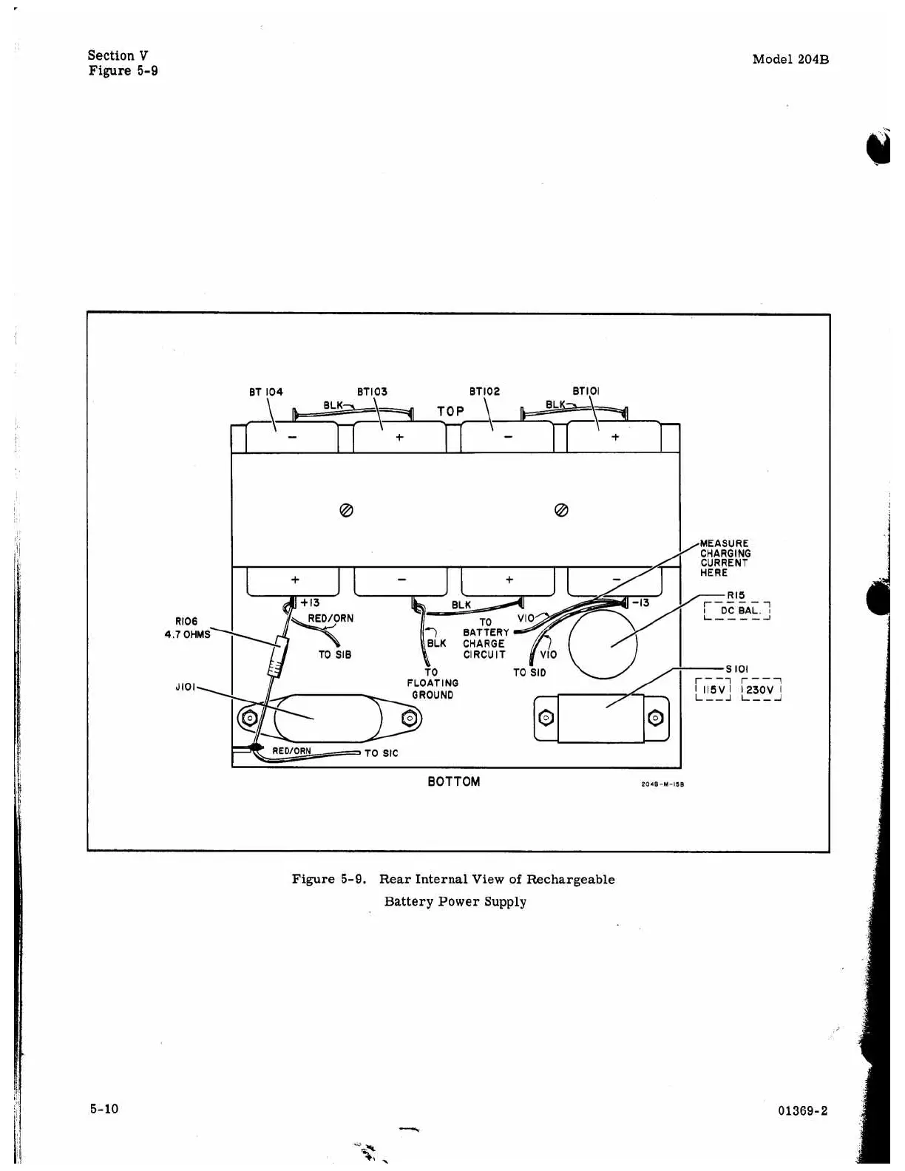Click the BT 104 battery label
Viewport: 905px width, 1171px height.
[265, 392]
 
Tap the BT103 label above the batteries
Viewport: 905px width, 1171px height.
[372, 392]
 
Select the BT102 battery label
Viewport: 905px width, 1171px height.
[484, 392]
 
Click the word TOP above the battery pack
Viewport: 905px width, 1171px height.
[450, 411]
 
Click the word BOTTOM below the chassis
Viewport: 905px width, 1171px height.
[453, 781]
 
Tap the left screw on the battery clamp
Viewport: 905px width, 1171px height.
[345, 510]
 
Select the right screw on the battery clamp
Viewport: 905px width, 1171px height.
[560, 510]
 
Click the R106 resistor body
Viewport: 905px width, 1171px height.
[277, 656]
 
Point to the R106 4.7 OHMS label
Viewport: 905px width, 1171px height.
[187, 628]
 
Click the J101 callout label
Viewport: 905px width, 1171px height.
[186, 688]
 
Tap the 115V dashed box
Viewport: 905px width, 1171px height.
[713, 690]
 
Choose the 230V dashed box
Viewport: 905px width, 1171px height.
[761, 690]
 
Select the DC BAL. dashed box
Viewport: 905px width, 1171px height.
[737, 611]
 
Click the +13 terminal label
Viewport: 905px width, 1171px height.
[309, 603]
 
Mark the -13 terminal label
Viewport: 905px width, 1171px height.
[640, 603]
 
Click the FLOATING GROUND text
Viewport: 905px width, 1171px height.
[433, 689]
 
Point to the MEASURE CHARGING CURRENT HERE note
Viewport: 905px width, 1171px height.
[725, 558]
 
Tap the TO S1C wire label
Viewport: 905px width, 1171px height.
[381, 753]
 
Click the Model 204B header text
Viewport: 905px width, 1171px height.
[790, 60]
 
